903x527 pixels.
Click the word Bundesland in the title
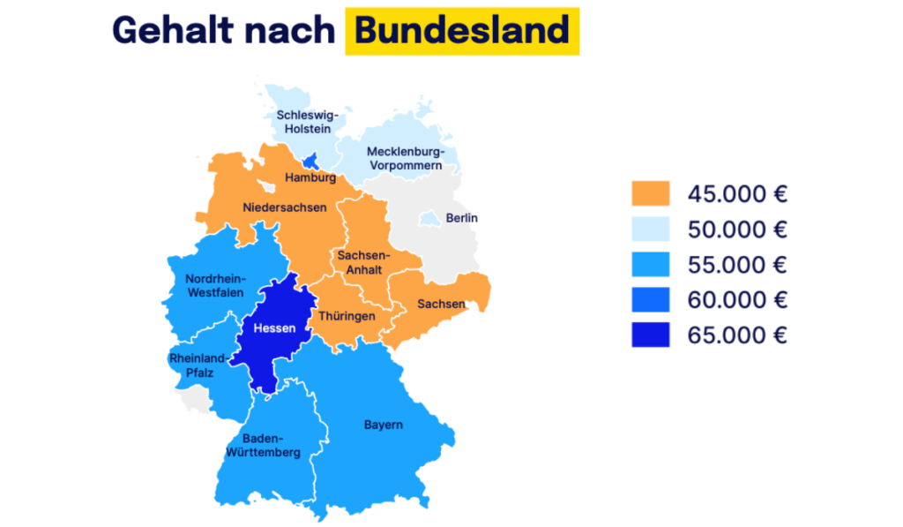point(462,31)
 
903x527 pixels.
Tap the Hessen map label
point(274,328)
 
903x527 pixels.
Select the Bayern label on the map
point(383,425)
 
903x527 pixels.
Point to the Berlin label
point(462,218)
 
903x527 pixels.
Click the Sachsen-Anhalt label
point(359,262)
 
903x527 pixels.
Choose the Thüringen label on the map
point(347,315)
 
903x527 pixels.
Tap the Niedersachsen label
point(284,207)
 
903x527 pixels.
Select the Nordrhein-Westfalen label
point(214,286)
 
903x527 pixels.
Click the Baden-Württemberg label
point(271,445)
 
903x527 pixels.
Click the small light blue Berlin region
point(430,217)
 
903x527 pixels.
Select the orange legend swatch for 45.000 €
point(650,193)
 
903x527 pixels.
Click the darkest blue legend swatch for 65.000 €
point(650,335)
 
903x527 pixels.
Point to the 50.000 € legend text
point(737,230)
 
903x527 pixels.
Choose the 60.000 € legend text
point(737,300)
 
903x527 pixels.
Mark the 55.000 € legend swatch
point(650,265)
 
